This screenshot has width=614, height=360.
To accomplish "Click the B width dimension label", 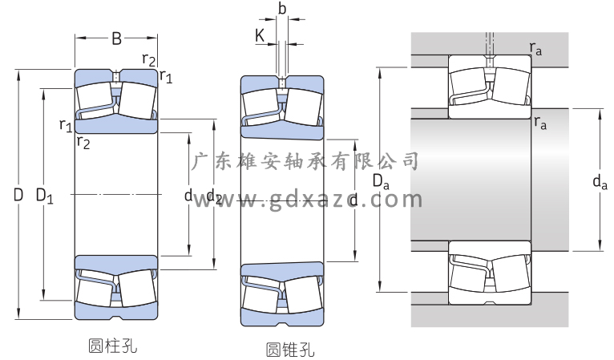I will pyautogui.click(x=116, y=38).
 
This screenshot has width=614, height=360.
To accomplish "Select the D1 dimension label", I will pyautogui.click(x=45, y=195).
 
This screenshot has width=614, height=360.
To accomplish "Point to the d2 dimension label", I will pyautogui.click(x=213, y=196).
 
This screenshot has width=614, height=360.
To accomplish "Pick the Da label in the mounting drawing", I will pyautogui.click(x=382, y=184).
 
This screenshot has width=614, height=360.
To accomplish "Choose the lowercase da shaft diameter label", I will pyautogui.click(x=599, y=184).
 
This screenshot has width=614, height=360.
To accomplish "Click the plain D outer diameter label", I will pyautogui.click(x=18, y=194).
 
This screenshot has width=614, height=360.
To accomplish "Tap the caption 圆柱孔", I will pyautogui.click(x=112, y=346).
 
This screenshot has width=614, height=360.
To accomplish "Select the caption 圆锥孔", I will pyautogui.click(x=289, y=350).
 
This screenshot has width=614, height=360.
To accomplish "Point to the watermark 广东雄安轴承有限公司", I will pyautogui.click(x=308, y=161).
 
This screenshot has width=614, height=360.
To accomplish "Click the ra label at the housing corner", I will pyautogui.click(x=536, y=50).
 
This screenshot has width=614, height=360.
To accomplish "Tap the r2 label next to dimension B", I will pyautogui.click(x=147, y=58).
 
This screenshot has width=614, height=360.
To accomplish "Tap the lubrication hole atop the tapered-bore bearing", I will pyautogui.click(x=281, y=81).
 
